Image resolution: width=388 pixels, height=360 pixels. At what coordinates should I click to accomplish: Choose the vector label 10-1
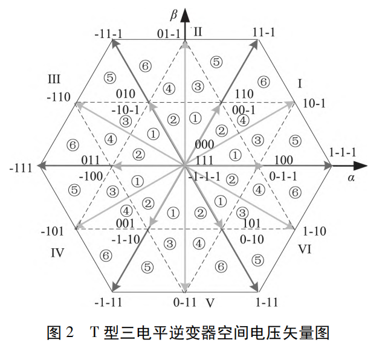tap(314, 103)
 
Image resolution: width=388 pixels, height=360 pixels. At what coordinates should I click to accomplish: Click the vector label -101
tap(53, 232)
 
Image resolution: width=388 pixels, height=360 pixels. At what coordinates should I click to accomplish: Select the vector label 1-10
tap(315, 231)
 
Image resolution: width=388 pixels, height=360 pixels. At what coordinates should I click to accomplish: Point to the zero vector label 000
tap(205, 144)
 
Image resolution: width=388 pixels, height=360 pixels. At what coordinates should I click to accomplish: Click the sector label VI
tap(304, 248)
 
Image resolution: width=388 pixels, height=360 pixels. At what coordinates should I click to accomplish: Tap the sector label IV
tap(57, 252)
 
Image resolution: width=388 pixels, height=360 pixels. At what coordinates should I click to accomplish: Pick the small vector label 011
tap(91, 161)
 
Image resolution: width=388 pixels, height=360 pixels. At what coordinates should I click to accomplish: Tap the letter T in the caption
tap(94, 332)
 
